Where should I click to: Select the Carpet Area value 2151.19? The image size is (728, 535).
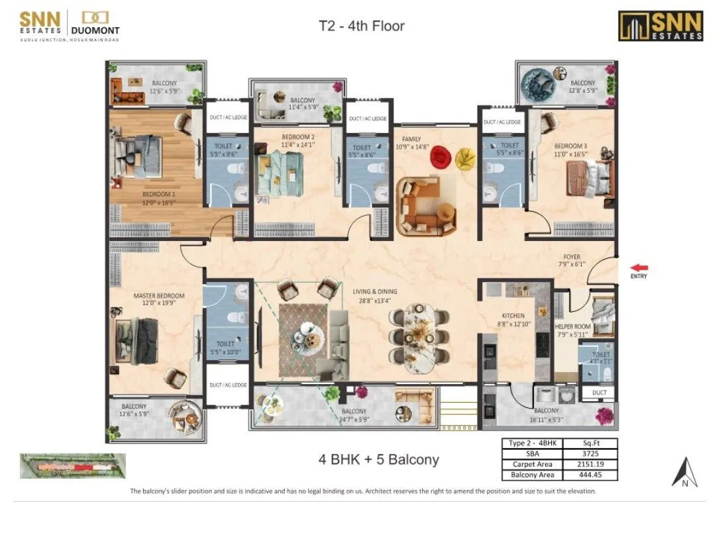(x=590, y=464)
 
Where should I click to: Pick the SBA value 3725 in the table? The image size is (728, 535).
(x=590, y=454)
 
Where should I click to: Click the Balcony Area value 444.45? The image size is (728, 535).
(x=590, y=475)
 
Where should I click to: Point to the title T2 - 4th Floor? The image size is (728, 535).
(x=361, y=26)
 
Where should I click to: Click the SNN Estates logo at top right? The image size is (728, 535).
(x=660, y=25)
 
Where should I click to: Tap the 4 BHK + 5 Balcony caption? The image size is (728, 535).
(x=378, y=460)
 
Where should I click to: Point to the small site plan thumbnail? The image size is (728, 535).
(x=72, y=466)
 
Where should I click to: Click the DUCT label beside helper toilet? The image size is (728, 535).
(x=599, y=393)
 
